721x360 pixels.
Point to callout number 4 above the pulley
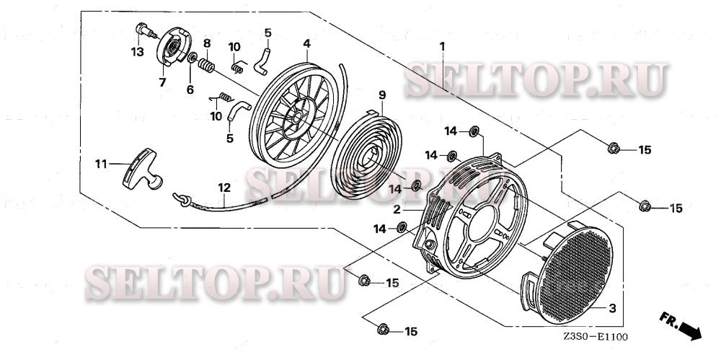pyautogui.click(x=306, y=43)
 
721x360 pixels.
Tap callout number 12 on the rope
pyautogui.click(x=225, y=188)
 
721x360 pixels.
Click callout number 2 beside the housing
pyautogui.click(x=397, y=209)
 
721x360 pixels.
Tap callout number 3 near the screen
pyautogui.click(x=612, y=309)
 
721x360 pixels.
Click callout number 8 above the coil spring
pyautogui.click(x=206, y=45)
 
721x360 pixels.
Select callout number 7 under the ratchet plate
pyautogui.click(x=162, y=83)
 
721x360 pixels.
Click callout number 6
pyautogui.click(x=190, y=89)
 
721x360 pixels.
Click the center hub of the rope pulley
pyautogui.click(x=296, y=115)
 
